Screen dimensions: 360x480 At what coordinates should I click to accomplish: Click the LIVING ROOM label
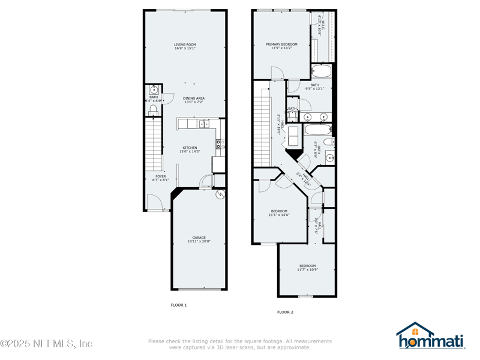185,44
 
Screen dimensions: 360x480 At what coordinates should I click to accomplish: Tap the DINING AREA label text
193,98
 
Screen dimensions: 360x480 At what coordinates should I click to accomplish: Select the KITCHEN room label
190,148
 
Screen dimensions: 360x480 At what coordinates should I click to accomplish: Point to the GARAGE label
199,238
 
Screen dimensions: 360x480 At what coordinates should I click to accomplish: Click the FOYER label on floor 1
160,176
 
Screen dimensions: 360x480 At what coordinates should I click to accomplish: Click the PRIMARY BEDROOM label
281,44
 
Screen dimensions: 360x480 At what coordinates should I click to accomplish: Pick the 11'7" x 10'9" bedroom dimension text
307,270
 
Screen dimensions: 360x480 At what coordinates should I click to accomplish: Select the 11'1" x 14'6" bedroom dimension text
279,215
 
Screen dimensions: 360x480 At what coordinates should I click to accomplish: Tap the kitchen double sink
203,124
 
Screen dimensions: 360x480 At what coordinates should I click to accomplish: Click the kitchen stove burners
220,144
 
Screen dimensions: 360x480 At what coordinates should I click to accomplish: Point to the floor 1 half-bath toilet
153,110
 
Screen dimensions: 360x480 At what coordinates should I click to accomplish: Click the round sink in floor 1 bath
154,90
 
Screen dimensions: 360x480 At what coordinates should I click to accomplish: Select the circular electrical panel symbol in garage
220,194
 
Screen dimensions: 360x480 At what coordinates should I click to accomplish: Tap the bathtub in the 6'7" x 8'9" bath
316,129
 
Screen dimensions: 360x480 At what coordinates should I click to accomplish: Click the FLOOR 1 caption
179,305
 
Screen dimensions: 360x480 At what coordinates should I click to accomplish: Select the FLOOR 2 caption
285,312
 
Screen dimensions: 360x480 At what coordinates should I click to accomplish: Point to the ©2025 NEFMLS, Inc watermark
47,344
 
